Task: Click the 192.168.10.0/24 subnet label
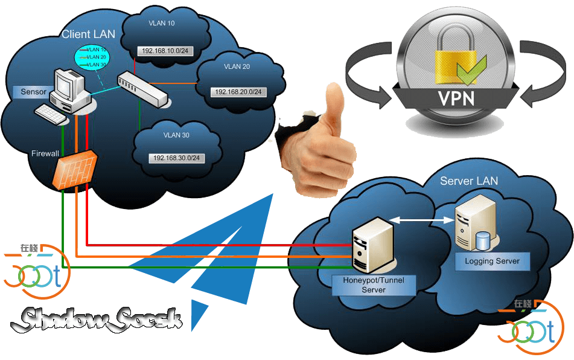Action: (x=165, y=51)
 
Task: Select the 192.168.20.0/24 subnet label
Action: (x=239, y=92)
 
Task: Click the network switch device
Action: (x=141, y=88)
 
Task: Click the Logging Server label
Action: (x=488, y=262)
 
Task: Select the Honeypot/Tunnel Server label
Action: (x=374, y=284)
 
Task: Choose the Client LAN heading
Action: (x=88, y=34)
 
